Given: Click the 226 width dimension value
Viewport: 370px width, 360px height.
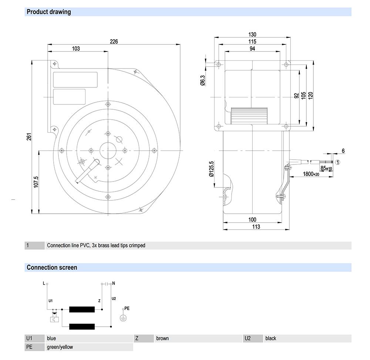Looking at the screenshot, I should [114, 41].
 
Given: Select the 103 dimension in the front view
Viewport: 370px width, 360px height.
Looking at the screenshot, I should [76, 49].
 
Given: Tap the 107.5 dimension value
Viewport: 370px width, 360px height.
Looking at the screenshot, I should [36, 182].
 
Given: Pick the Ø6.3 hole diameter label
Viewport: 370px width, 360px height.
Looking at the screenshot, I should [202, 80].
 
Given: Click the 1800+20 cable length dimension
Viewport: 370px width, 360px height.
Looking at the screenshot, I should [311, 174].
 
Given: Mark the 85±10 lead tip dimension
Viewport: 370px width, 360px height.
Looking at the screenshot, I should [326, 168].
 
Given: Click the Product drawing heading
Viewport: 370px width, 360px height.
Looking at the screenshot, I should [48, 12].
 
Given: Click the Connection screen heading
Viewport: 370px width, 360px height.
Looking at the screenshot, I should [52, 267].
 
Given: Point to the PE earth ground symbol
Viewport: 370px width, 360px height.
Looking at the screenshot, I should [123, 317].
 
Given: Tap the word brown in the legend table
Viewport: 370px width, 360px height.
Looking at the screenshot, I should [162, 338].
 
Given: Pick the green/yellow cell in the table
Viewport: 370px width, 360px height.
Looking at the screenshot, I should [60, 347].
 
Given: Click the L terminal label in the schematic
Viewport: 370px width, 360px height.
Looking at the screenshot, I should [44, 283].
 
